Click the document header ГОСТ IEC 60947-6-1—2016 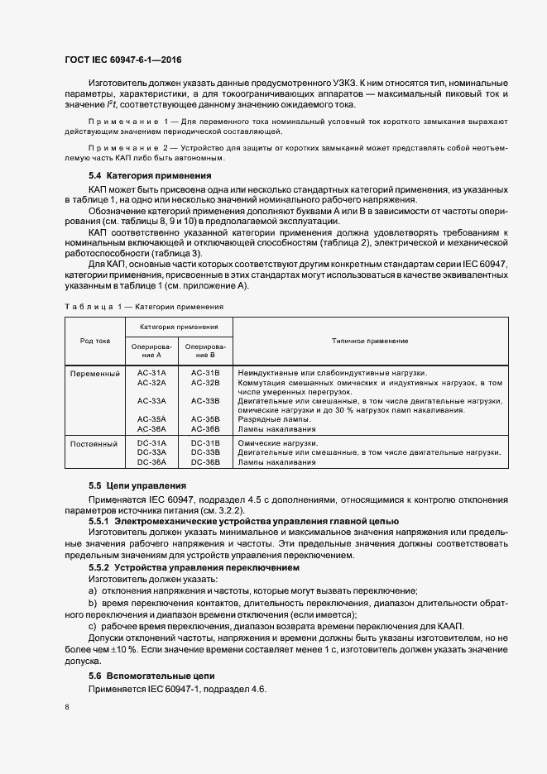122,60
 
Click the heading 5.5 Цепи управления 137,485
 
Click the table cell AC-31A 151,373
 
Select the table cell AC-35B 205,419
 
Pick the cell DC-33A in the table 151,452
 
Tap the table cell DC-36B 205,462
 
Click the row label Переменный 95,374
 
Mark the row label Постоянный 95,443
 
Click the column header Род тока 95,341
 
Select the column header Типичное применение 370,341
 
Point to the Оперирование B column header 205,350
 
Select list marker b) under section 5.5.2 92,604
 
